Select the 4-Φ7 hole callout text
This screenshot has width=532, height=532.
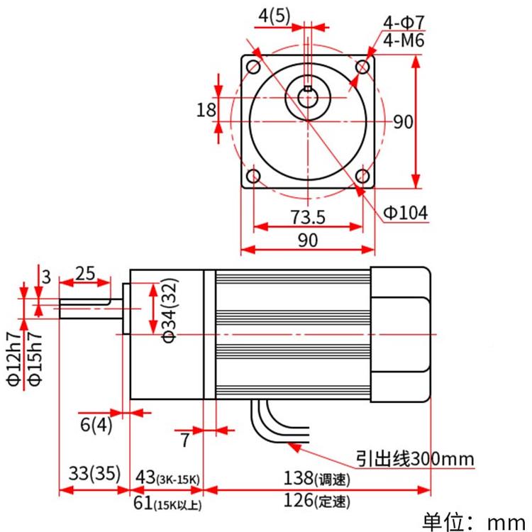(404, 23)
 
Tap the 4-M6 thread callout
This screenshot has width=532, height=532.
(404, 41)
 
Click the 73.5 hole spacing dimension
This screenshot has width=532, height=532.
(307, 216)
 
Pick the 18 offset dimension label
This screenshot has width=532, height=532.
(206, 110)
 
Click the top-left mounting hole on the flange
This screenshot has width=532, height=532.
(253, 67)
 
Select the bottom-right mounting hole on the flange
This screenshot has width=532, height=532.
(362, 175)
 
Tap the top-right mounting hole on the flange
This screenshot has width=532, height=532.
(362, 67)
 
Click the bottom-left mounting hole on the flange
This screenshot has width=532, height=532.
(253, 175)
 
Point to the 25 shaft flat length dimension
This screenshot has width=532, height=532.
(84, 273)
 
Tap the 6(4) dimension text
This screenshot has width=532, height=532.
(96, 425)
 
